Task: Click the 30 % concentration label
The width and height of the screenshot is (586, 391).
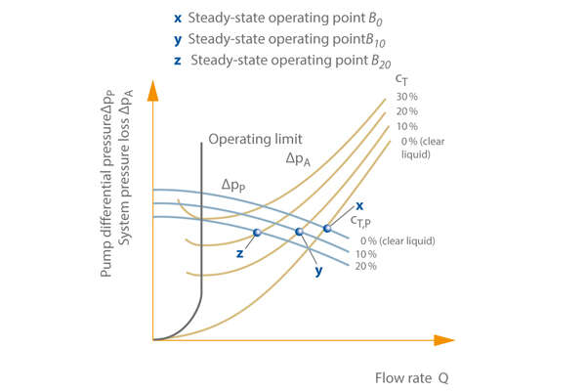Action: pyautogui.click(x=406, y=96)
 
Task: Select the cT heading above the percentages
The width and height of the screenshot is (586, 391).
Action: pyautogui.click(x=401, y=78)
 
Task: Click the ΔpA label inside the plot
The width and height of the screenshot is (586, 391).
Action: pyautogui.click(x=298, y=158)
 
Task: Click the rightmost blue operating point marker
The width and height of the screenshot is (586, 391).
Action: pyautogui.click(x=327, y=229)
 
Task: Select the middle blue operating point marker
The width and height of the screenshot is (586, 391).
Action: pyautogui.click(x=299, y=232)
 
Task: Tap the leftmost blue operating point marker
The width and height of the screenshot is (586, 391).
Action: pyautogui.click(x=257, y=233)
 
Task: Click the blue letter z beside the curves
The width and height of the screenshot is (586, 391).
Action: pyautogui.click(x=238, y=253)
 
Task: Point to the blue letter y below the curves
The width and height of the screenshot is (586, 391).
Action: pyautogui.click(x=318, y=271)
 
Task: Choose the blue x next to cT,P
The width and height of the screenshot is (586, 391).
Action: pyautogui.click(x=359, y=205)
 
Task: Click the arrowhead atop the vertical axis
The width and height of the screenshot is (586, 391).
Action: pyautogui.click(x=153, y=90)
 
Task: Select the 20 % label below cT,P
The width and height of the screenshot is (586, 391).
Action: pyautogui.click(x=365, y=266)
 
